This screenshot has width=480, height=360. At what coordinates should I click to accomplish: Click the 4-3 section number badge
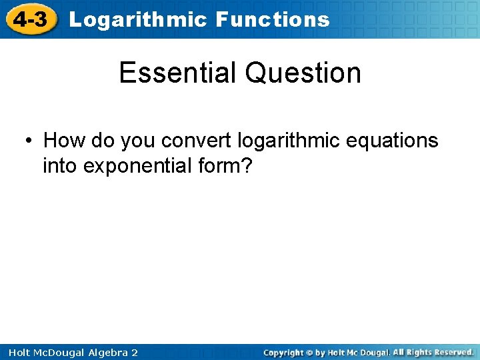coord(31,19)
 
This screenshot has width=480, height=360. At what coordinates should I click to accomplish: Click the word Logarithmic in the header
coord(138,20)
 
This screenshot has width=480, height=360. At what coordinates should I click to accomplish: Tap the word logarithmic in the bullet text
coord(289,141)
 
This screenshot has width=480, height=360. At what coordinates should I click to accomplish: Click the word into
coord(60,165)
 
